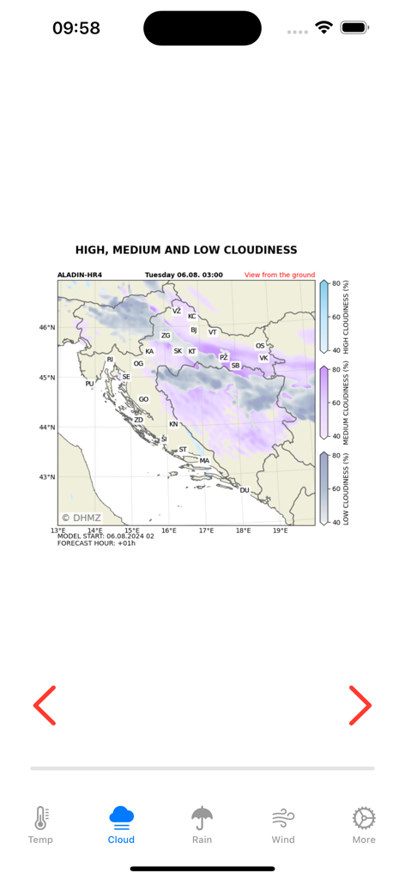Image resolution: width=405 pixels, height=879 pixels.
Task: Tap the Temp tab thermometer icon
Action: click(40, 818)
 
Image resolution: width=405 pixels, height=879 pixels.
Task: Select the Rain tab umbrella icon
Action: click(202, 818)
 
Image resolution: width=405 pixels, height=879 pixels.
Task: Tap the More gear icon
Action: click(364, 818)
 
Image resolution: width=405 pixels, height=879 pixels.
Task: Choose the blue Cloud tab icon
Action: click(121, 816)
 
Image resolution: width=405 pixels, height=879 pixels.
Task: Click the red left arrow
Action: click(45, 706)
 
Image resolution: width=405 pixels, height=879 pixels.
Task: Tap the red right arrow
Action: click(360, 706)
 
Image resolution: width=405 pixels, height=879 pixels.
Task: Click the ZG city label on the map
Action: click(166, 336)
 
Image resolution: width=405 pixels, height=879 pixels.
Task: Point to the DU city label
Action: click(245, 490)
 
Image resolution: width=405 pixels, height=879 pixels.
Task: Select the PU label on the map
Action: click(89, 384)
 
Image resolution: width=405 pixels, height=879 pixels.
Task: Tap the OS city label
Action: click(260, 346)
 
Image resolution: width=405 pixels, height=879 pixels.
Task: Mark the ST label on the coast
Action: click(183, 449)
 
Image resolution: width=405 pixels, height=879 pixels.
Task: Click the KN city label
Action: click(173, 424)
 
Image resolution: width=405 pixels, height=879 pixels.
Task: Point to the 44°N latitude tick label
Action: click(46, 427)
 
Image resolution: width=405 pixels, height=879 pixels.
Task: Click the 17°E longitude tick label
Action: click(207, 530)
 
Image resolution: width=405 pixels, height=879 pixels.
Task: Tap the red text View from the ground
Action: click(280, 276)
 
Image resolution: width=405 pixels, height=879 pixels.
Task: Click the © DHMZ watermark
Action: click(81, 518)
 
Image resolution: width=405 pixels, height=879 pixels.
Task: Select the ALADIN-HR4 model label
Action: click(80, 276)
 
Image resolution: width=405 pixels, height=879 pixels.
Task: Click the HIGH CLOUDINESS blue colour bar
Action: click(323, 317)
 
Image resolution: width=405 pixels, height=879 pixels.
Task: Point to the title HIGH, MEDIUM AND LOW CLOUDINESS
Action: click(186, 250)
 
